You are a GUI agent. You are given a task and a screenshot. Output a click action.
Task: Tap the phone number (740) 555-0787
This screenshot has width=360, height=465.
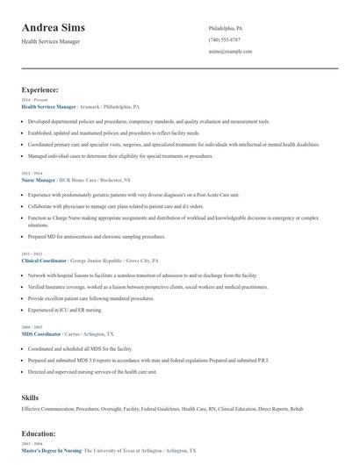[225, 39]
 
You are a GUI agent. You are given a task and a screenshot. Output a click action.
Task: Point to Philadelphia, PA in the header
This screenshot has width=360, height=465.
[226, 28]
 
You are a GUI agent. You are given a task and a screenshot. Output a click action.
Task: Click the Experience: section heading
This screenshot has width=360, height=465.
[40, 89]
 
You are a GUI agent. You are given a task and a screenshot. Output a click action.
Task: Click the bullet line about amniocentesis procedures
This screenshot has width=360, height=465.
[97, 236]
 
